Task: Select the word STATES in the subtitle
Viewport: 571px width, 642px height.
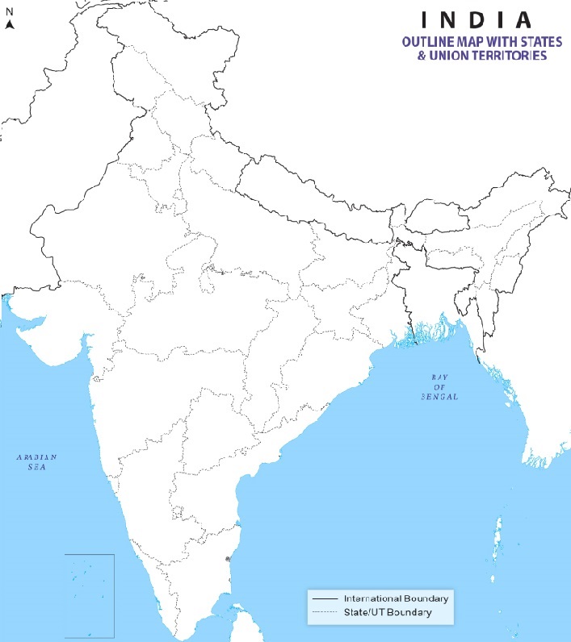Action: (540, 42)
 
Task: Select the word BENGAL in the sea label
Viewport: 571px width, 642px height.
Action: (439, 398)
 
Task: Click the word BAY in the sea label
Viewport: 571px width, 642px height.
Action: (439, 377)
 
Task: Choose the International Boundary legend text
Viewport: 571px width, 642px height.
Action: (396, 598)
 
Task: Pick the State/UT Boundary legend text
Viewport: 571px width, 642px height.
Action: (388, 613)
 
